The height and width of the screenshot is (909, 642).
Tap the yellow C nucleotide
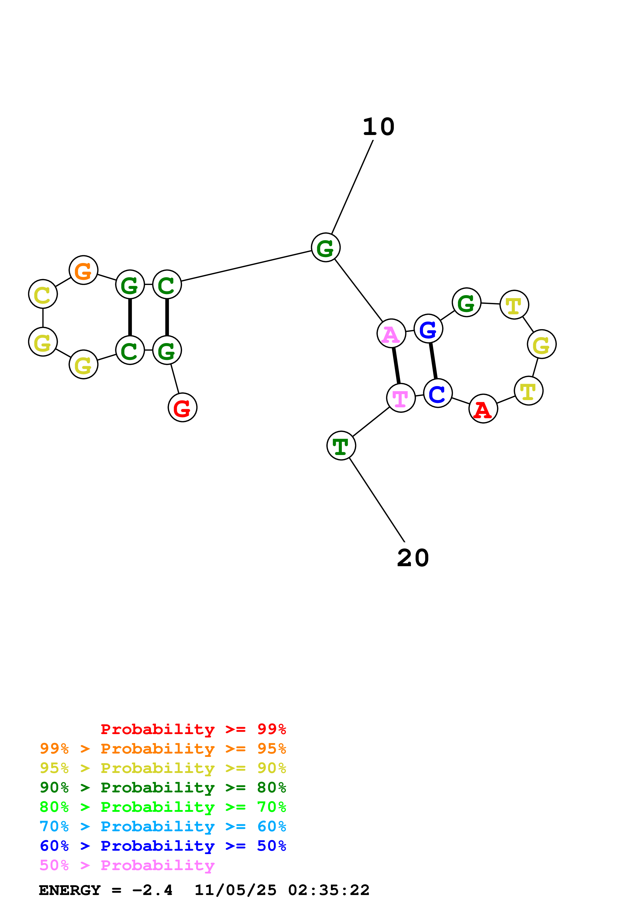pos(43,294)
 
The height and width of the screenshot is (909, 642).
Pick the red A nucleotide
pos(483,409)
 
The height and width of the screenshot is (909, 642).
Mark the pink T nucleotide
pos(401,398)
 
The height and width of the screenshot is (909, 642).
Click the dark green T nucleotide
pos(341,446)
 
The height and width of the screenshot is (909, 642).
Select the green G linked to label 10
pos(326,247)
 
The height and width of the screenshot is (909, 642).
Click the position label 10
pos(379,127)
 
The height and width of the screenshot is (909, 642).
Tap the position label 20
pos(413,558)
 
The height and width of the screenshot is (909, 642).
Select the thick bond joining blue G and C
pos(433,361)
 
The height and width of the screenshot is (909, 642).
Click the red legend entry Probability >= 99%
pos(193,729)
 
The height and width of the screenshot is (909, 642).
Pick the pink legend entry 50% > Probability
pos(127,865)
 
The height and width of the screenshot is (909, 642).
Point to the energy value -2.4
pos(152,890)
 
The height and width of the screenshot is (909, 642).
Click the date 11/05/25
pos(235,890)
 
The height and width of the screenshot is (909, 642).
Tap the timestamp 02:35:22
pos(329,890)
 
